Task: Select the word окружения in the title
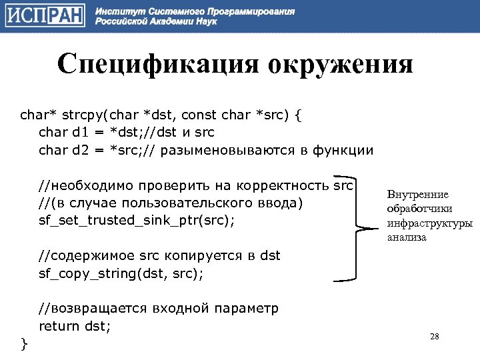coord(341,65)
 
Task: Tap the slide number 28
coord(435,336)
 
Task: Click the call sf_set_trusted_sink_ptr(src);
coord(137,220)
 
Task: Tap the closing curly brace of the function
coord(24,343)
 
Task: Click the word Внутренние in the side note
coord(417,195)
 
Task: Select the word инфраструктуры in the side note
coord(429,223)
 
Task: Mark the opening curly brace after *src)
coord(297,115)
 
